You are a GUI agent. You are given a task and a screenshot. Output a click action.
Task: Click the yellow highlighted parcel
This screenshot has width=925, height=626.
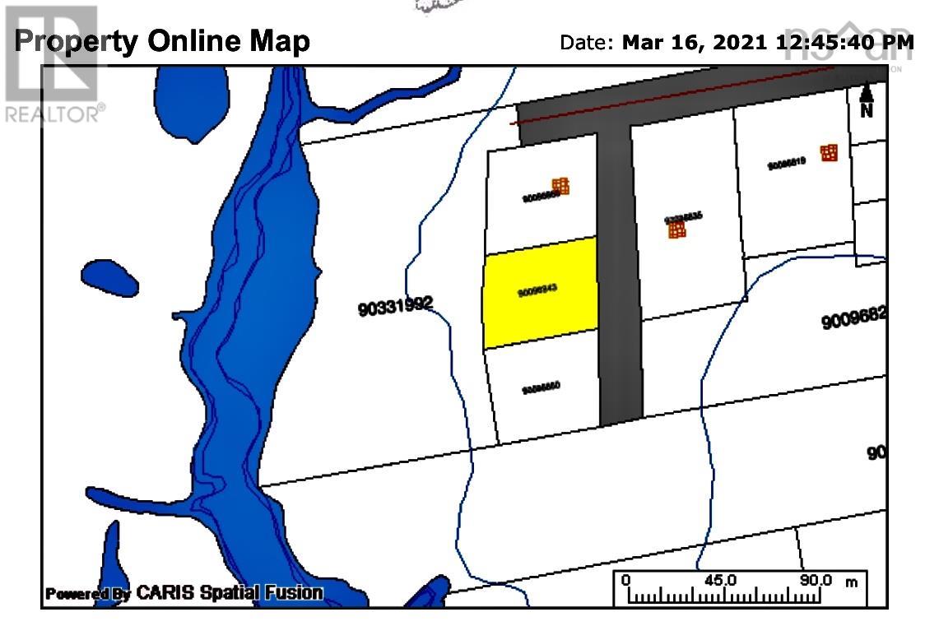point(539,292)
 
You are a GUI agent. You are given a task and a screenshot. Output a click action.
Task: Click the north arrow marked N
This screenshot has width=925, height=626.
point(866,101)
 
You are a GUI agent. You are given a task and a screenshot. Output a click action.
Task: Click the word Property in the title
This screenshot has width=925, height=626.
point(77,41)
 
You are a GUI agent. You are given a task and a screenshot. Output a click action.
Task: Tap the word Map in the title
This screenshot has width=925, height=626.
point(277,41)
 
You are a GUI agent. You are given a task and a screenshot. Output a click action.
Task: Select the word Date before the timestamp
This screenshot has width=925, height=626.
point(586,42)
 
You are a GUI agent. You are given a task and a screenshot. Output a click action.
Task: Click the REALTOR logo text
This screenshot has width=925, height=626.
point(55,114)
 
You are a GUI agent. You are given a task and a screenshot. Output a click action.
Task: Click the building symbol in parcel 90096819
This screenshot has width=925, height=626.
point(829,153)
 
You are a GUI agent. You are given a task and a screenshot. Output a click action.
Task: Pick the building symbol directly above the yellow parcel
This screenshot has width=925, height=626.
point(560,186)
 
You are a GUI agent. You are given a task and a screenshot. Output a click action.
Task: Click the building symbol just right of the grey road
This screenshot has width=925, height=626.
point(676,230)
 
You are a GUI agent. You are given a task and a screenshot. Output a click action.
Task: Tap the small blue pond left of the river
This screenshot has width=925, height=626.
point(109,278)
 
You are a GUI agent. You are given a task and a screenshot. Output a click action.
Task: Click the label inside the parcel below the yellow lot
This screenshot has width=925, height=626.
point(541,387)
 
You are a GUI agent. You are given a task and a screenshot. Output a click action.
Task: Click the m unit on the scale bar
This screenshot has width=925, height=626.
point(851,582)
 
